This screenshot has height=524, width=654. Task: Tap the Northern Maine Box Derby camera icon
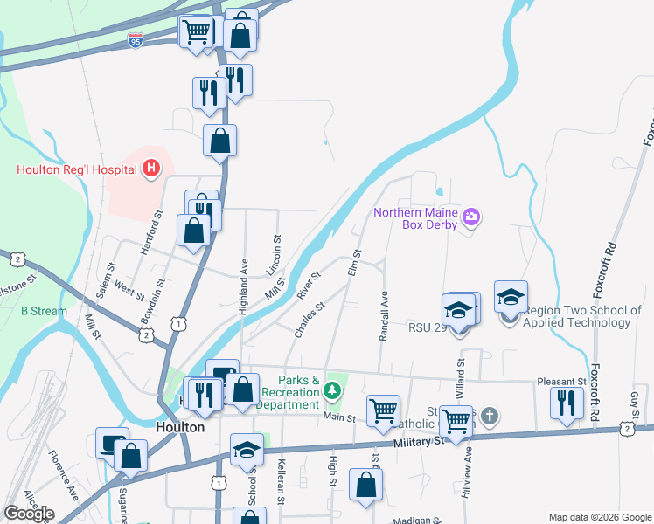coord(472,216)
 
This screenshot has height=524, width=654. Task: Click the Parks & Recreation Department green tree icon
coord(331,390)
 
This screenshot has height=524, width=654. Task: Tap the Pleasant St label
coord(561,382)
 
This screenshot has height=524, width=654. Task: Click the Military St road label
coord(414,442)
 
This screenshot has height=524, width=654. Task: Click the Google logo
coord(29,514)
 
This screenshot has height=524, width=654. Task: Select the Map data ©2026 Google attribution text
coord(599,516)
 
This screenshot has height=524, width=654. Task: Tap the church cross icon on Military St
coord(490,417)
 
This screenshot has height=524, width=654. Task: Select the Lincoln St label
coord(277,252)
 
